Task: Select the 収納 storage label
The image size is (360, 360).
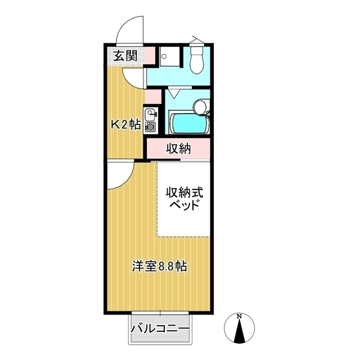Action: tap(179, 148)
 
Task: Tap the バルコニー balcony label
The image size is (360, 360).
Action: tap(160, 328)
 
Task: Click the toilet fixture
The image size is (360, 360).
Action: tap(197, 60)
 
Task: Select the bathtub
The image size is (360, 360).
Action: tap(188, 123)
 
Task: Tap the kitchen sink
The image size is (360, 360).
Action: tap(150, 116)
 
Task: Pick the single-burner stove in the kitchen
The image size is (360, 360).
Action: tap(150, 127)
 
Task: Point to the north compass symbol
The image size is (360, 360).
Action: tap(240, 329)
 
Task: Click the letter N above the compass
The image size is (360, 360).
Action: tap(240, 316)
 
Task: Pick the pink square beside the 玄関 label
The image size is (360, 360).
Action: tap(146, 56)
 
